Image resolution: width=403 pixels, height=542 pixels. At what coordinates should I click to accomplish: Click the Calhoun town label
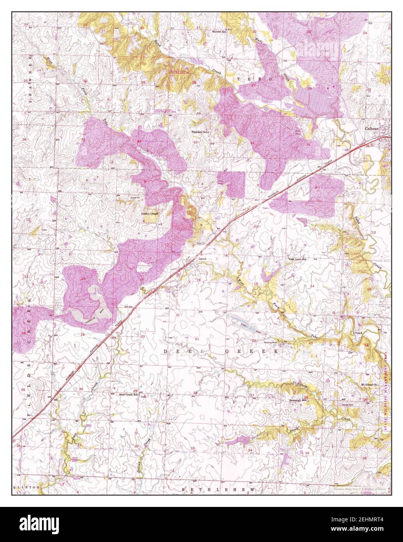372,128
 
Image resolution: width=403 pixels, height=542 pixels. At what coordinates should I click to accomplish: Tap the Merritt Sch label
219,31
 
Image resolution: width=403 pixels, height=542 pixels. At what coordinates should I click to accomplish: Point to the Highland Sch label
200,132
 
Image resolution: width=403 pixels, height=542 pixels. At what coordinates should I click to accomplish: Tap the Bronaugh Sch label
299,400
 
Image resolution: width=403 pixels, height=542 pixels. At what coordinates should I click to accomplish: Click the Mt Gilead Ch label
370,384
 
